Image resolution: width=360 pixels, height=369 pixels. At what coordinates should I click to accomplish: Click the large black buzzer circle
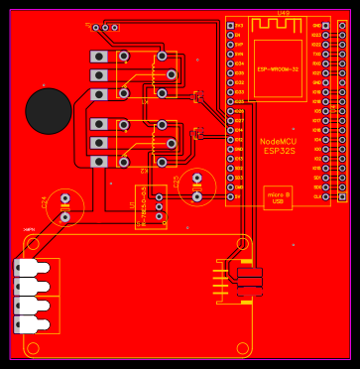[x=48, y=110]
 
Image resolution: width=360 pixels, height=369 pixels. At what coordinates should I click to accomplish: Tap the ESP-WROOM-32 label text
[x=278, y=69]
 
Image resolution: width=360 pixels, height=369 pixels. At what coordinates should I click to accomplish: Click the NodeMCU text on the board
[x=278, y=141]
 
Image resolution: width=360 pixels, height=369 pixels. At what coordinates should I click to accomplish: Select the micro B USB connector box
[x=278, y=197]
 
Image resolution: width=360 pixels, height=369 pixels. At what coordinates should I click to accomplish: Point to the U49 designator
[x=284, y=13]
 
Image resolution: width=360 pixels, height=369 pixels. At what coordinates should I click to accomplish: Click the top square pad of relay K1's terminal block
[x=99, y=58]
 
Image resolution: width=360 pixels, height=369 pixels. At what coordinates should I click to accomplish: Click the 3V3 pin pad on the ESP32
[x=230, y=26]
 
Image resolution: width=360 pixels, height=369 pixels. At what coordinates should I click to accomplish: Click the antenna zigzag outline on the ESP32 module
[x=278, y=29]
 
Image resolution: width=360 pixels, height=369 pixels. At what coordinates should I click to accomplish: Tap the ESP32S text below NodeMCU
[x=278, y=151]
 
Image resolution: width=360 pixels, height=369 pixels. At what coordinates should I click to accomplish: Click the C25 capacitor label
[x=177, y=182]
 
